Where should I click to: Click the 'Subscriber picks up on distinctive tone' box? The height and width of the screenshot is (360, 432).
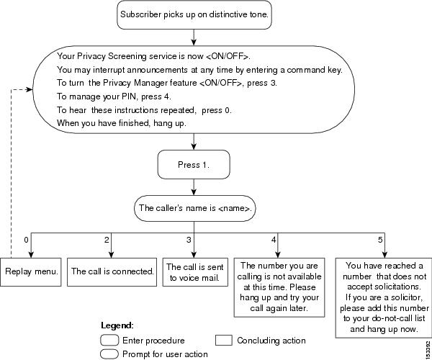(x=194, y=14)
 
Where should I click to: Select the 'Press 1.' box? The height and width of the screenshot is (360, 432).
(x=194, y=164)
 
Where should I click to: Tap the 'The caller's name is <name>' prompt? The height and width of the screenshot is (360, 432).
(x=195, y=208)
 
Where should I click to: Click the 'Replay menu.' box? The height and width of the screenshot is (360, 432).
(x=30, y=272)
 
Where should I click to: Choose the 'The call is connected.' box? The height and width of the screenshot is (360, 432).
(x=112, y=272)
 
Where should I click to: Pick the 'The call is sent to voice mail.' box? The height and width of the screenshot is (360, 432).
(x=195, y=272)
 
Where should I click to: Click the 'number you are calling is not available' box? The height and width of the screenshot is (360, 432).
(x=279, y=287)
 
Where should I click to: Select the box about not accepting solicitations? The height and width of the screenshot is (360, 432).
(x=384, y=298)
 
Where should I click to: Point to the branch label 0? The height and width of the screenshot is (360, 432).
(x=26, y=240)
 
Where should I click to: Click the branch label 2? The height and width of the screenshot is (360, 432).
(x=107, y=240)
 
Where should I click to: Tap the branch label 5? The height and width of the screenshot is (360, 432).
(x=380, y=240)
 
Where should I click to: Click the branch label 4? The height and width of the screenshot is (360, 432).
(x=274, y=240)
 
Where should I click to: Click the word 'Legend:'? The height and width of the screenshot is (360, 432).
(x=117, y=325)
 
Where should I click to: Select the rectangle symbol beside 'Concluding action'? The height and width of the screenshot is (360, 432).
(x=223, y=340)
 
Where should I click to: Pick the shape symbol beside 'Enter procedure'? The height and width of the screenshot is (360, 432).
(x=109, y=340)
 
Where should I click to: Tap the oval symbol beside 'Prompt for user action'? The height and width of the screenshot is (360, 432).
(x=109, y=354)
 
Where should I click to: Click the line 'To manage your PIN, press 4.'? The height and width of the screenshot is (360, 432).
(x=114, y=96)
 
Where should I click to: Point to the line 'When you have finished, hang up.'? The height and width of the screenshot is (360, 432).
(x=122, y=123)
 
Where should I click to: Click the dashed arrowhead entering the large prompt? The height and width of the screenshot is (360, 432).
(x=30, y=89)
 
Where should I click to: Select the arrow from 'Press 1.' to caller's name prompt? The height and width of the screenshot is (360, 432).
(x=194, y=187)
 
